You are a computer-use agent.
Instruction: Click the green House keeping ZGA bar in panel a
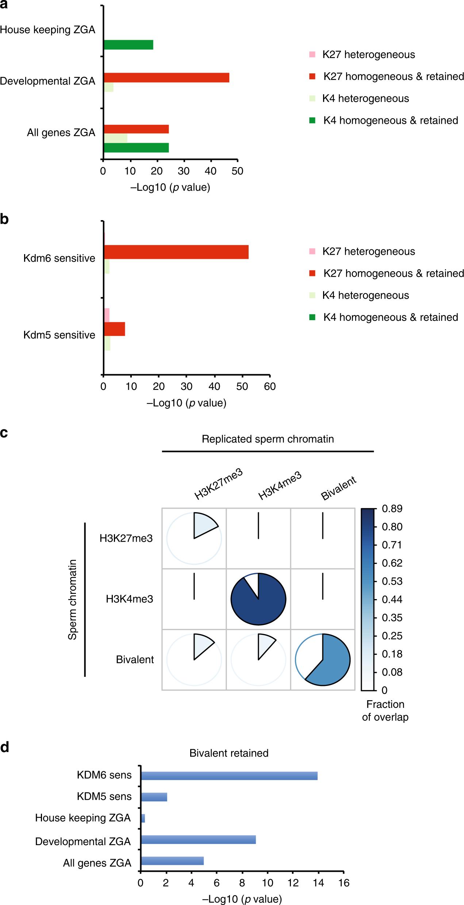(x=129, y=45)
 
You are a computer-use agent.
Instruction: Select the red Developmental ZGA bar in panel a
(x=166, y=78)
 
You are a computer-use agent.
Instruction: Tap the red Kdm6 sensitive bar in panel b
(x=176, y=252)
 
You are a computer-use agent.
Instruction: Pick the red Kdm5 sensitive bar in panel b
(x=115, y=329)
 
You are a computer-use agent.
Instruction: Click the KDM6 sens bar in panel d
(x=229, y=775)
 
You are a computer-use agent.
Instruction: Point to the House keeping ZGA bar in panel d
(x=143, y=818)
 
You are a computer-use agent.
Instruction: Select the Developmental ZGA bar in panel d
(x=198, y=839)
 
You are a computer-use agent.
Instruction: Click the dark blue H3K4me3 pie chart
(x=258, y=599)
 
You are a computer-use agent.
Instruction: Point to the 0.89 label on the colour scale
(x=392, y=509)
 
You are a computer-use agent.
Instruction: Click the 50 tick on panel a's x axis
(x=237, y=171)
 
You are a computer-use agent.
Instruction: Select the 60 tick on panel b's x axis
(x=270, y=387)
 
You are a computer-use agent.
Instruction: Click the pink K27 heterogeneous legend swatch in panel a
(x=312, y=55)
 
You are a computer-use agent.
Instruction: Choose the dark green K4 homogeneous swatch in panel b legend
(x=312, y=317)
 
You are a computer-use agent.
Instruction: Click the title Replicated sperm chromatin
(x=268, y=439)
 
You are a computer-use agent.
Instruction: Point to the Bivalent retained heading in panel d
(x=229, y=753)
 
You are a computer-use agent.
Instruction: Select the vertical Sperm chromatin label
(x=73, y=599)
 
